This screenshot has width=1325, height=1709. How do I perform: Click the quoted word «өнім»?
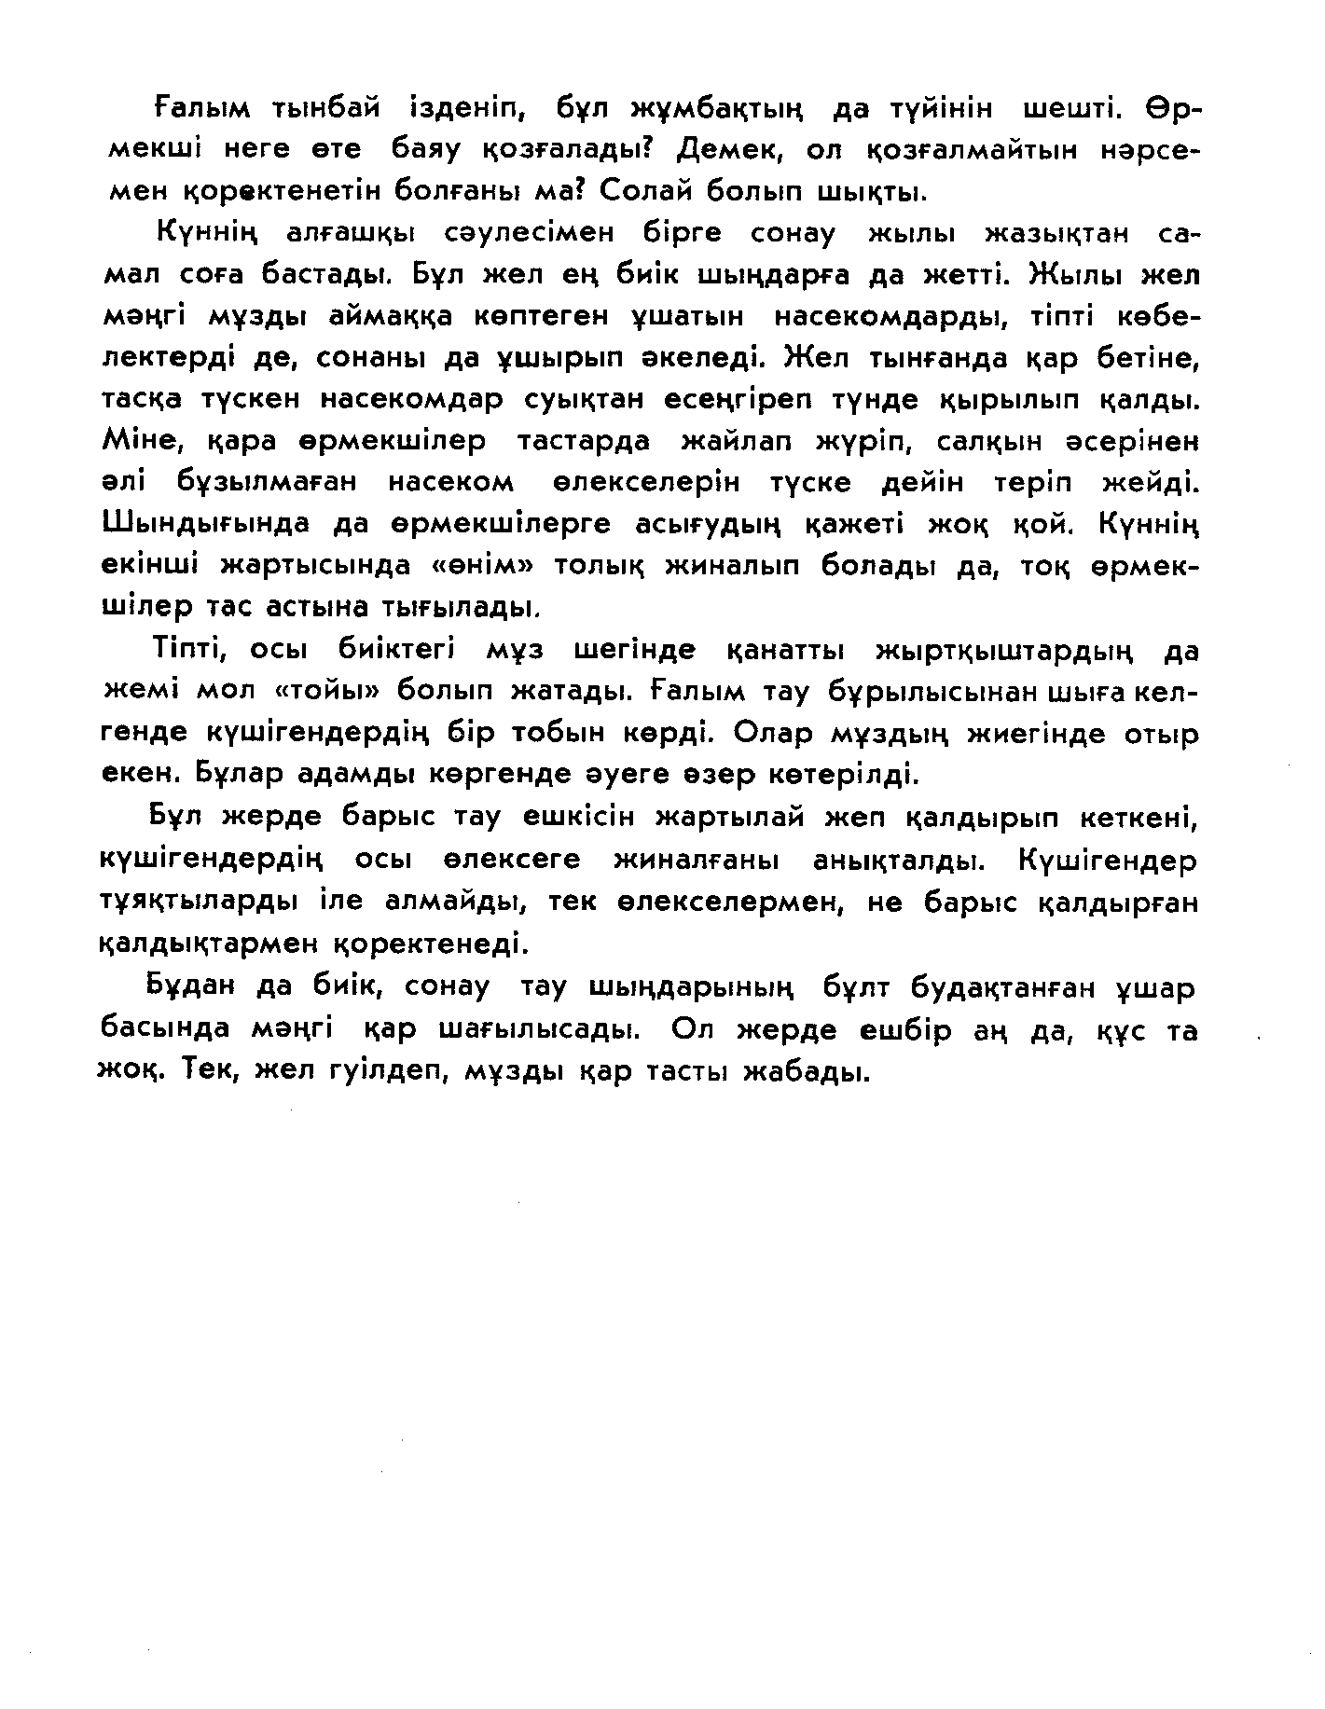pos(589,566)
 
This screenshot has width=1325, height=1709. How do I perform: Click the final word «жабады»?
pos(805,1072)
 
